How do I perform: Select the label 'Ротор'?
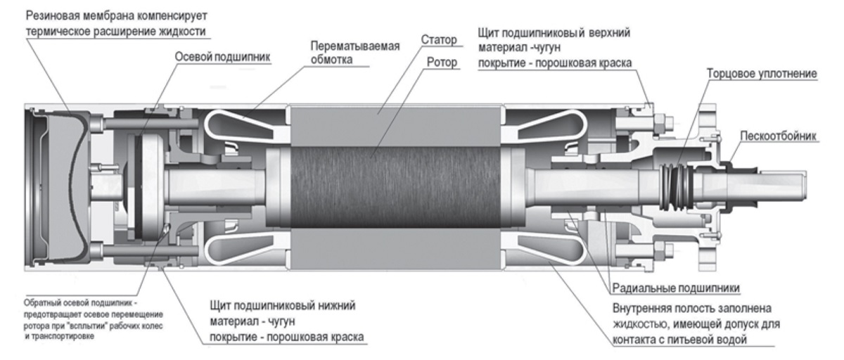(x=440, y=63)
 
